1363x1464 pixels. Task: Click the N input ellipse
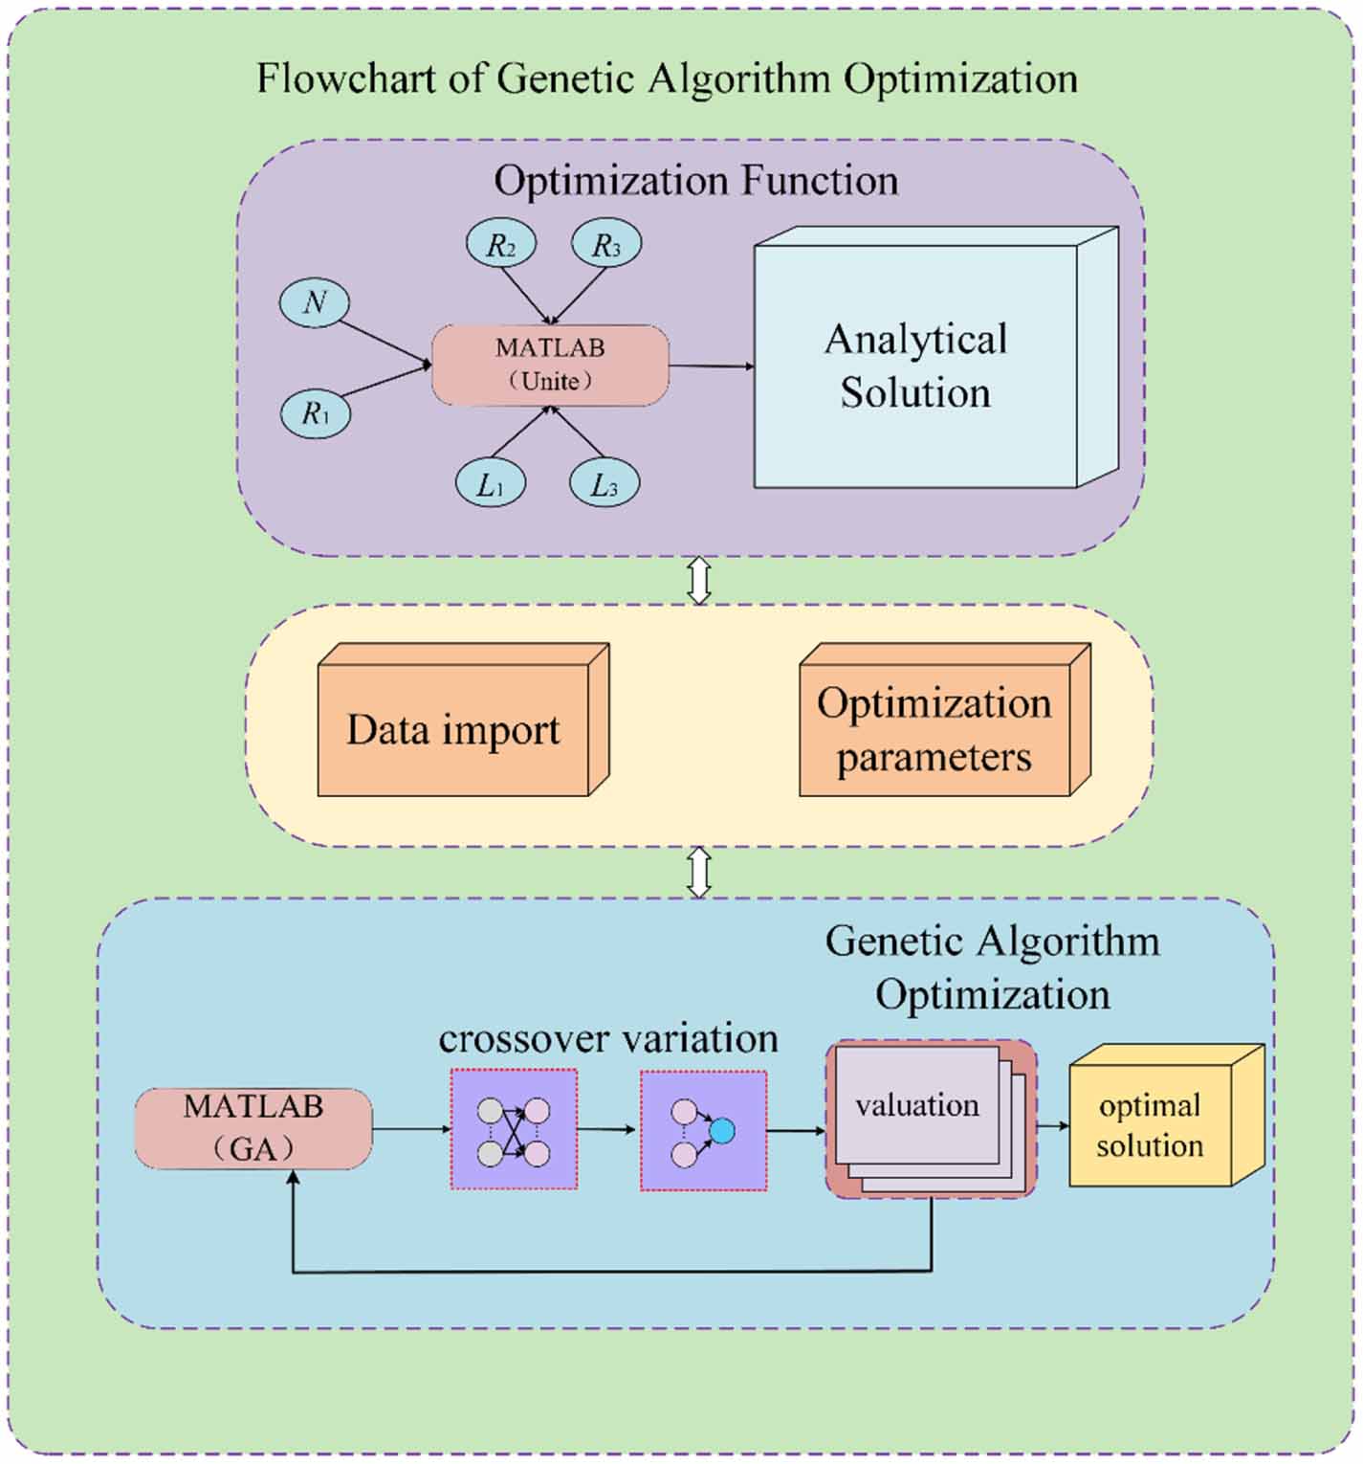(x=314, y=303)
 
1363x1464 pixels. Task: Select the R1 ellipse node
(x=315, y=413)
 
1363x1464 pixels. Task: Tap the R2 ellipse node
(x=500, y=244)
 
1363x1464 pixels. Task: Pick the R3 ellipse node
(x=605, y=244)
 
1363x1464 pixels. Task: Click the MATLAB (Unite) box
(x=550, y=365)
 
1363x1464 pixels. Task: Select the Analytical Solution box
(x=935, y=358)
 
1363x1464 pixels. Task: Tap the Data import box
(x=463, y=720)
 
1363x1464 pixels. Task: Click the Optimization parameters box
(x=945, y=720)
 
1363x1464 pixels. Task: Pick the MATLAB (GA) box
(x=253, y=1128)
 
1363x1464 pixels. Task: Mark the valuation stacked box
(x=931, y=1119)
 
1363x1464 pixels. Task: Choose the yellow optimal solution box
(x=1166, y=1115)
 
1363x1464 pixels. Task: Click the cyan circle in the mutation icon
(x=722, y=1131)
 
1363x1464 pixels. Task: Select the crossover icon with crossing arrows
(x=514, y=1130)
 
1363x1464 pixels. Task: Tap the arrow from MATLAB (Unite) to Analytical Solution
(x=712, y=366)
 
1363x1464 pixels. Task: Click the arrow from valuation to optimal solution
(x=1053, y=1126)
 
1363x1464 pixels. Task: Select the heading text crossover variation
(x=608, y=1038)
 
